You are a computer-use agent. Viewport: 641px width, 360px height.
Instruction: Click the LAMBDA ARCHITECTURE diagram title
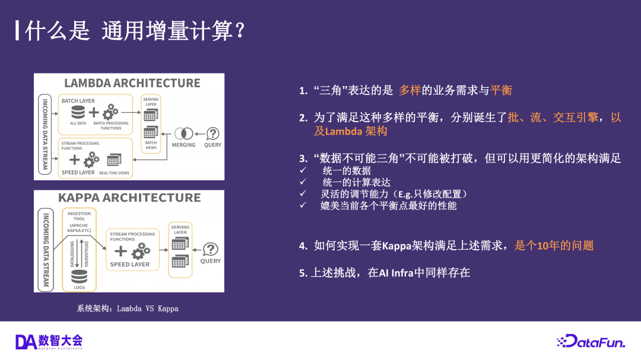[x=132, y=82]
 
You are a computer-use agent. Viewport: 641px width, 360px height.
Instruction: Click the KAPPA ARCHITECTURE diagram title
[x=129, y=197]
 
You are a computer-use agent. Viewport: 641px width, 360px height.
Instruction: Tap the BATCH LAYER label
[x=78, y=101]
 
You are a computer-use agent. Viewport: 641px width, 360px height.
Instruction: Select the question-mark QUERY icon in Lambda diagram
[x=212, y=133]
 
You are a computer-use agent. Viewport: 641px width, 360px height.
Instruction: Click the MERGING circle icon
[x=183, y=133]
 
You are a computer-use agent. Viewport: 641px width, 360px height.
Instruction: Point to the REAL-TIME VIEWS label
[x=114, y=173]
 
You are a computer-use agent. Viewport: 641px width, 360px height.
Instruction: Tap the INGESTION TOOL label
[x=79, y=216]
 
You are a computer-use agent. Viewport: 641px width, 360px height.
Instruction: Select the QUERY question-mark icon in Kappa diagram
[x=210, y=249]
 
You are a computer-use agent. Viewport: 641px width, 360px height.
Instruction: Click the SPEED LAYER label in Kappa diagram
[x=130, y=265]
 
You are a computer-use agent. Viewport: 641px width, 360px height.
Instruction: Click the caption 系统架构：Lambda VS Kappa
[x=128, y=308]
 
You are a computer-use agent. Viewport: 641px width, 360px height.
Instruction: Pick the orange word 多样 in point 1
[x=410, y=90]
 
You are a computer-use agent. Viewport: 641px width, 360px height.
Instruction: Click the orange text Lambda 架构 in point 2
[x=350, y=131]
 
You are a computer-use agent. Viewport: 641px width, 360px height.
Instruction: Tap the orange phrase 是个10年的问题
[x=554, y=245]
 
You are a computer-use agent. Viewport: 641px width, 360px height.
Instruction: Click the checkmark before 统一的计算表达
[x=303, y=182]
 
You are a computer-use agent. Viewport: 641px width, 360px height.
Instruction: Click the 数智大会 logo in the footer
[x=49, y=341]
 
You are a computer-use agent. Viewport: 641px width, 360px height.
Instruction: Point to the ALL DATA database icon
[x=78, y=112]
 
